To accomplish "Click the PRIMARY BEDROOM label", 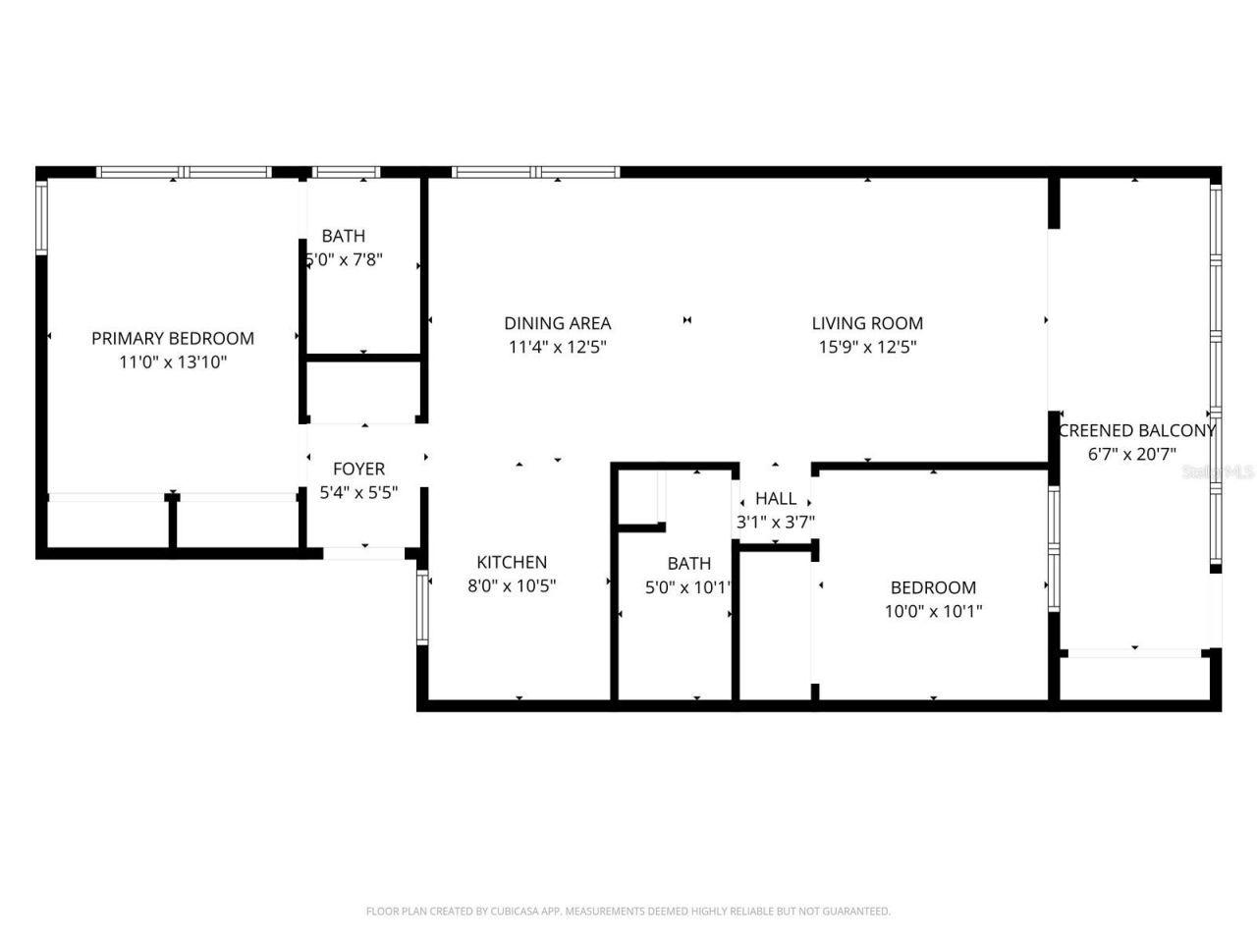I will point(173,338).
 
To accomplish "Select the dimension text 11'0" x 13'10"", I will point(173,362).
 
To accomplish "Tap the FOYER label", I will point(358,469).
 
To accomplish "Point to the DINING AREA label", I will point(558,323).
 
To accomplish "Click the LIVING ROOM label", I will point(867,323).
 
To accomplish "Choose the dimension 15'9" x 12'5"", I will point(867,347).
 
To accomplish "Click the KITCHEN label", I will point(512,562).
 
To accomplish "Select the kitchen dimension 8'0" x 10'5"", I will point(512,586).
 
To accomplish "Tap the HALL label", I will point(776,498).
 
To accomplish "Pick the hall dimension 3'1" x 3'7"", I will point(776,523).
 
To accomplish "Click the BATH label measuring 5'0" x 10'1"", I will point(688,563).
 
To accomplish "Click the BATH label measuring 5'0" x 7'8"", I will point(344,236).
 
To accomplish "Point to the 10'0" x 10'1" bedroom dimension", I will point(933,611).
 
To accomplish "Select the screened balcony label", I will point(1136,430).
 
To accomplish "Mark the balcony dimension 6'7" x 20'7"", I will point(1132,454).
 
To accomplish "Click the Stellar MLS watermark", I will point(1218,471).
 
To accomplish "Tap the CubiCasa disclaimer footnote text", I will point(628,912).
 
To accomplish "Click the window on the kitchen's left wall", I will point(423,608).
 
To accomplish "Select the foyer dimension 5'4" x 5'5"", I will point(358,493).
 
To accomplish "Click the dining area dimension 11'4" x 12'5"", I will point(558,347).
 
